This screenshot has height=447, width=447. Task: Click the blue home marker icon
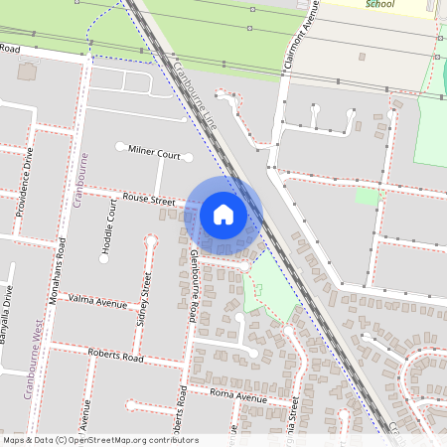click(223, 215)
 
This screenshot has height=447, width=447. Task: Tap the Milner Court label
click(154, 152)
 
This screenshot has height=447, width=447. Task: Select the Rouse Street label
click(149, 201)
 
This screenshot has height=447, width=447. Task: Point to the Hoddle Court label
click(110, 227)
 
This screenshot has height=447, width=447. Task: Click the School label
click(379, 4)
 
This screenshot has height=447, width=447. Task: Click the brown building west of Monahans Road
click(25, 72)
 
